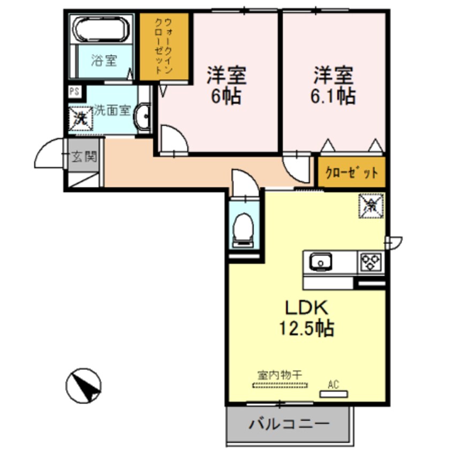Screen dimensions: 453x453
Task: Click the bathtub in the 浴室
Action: point(102,30)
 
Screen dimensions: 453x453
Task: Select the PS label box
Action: point(74,91)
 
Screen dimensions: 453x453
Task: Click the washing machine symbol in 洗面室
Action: point(81,117)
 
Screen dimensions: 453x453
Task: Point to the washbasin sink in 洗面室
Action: point(143,117)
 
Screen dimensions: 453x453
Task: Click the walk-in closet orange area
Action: point(164,47)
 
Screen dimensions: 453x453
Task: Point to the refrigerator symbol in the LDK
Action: point(371,204)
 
